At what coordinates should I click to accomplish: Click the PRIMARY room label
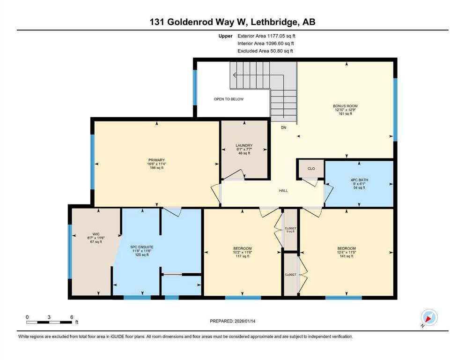pyautogui.click(x=156, y=160)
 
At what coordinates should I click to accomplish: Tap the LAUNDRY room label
pyautogui.click(x=244, y=145)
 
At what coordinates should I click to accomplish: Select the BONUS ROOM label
pyautogui.click(x=345, y=106)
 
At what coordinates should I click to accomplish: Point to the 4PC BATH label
pyautogui.click(x=359, y=180)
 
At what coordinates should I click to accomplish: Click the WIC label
pyautogui.click(x=96, y=234)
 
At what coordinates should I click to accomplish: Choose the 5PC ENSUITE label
pyautogui.click(x=142, y=247)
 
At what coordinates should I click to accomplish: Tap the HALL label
pyautogui.click(x=283, y=190)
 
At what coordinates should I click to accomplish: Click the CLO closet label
pyautogui.click(x=311, y=169)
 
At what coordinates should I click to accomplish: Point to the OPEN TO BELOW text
pyautogui.click(x=229, y=99)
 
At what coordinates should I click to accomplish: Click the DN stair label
pyautogui.click(x=283, y=127)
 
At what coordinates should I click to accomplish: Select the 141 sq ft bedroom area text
pyautogui.click(x=347, y=256)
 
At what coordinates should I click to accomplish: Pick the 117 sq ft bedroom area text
pyautogui.click(x=242, y=256)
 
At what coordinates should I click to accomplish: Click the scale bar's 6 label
pyautogui.click(x=72, y=317)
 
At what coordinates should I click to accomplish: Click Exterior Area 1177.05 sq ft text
pyautogui.click(x=266, y=36)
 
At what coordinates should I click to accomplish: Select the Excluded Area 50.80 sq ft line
pyautogui.click(x=265, y=51)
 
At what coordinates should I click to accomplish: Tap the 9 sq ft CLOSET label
pyautogui.click(x=290, y=230)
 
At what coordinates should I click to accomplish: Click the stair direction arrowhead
pyautogui.click(x=235, y=75)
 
